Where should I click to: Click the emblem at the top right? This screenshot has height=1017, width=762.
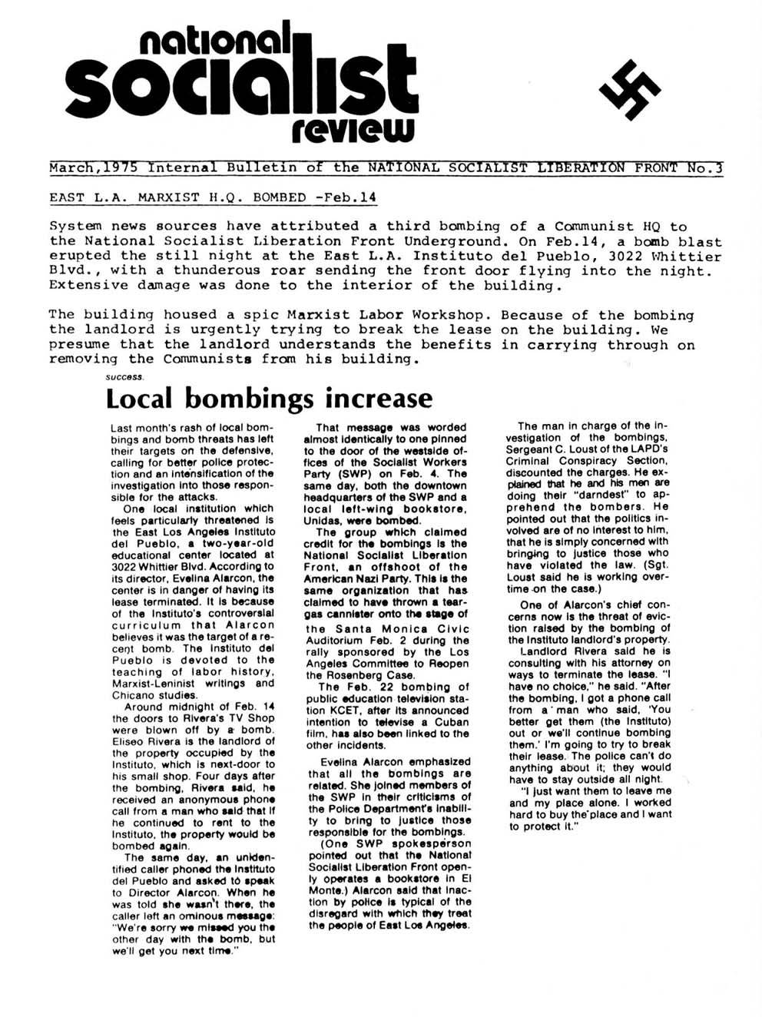pyautogui.click(x=629, y=91)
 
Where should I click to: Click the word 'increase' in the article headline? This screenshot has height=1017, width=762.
pyautogui.click(x=379, y=399)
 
